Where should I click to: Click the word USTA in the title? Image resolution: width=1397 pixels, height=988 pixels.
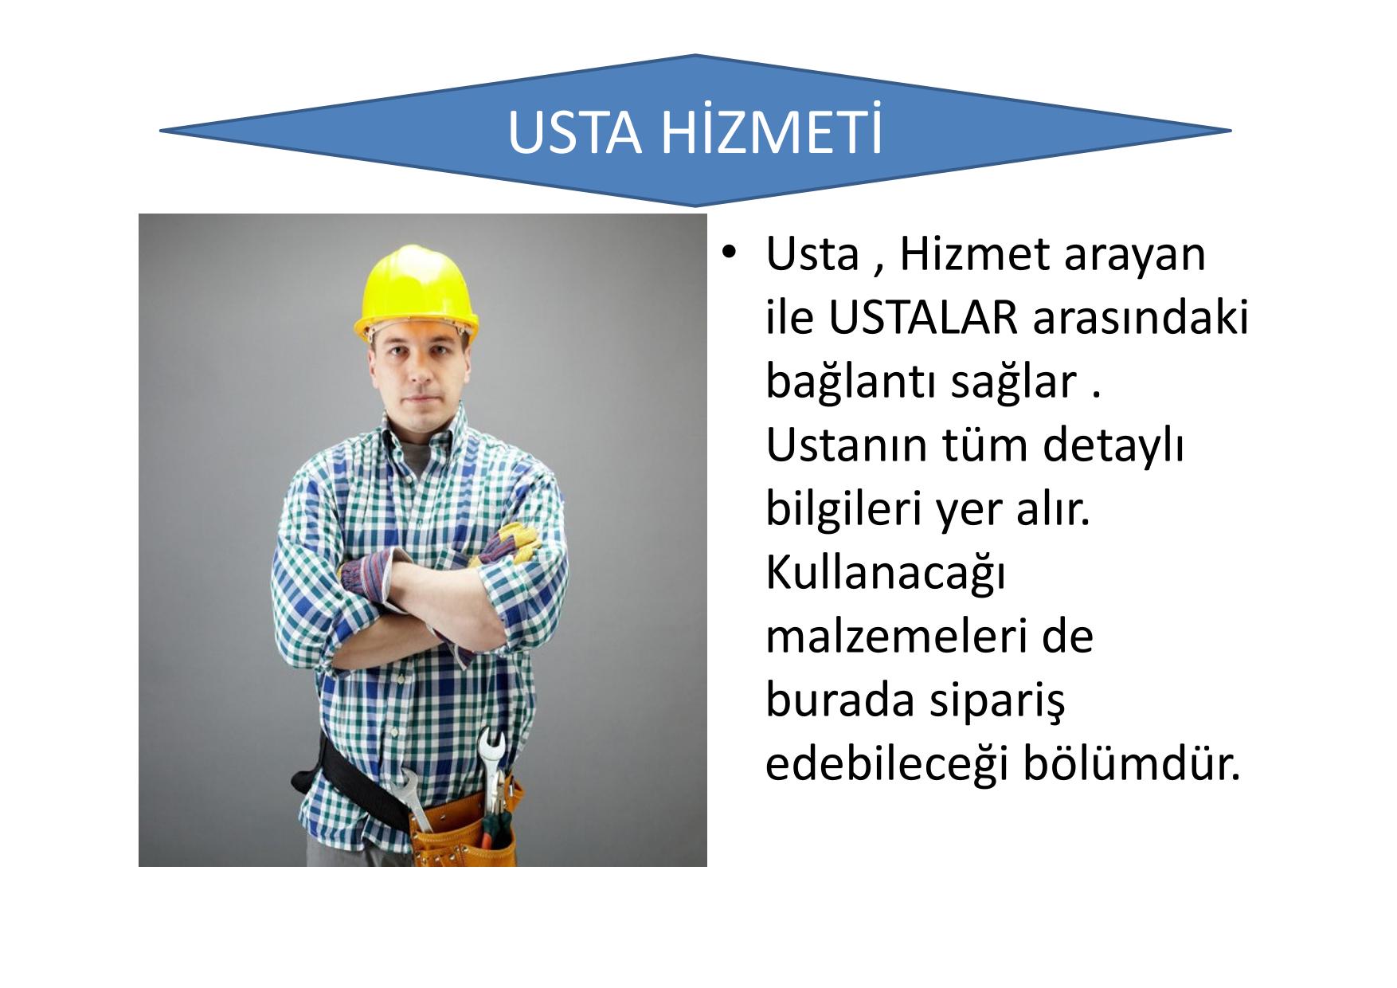pyautogui.click(x=574, y=132)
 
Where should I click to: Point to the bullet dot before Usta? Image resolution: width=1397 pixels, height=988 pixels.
pyautogui.click(x=727, y=255)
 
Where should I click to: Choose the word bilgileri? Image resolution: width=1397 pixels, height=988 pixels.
pyautogui.click(x=843, y=511)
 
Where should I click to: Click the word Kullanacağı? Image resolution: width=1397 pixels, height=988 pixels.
pyautogui.click(x=885, y=574)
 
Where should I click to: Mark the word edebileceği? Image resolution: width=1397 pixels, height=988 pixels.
pyautogui.click(x=887, y=766)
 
